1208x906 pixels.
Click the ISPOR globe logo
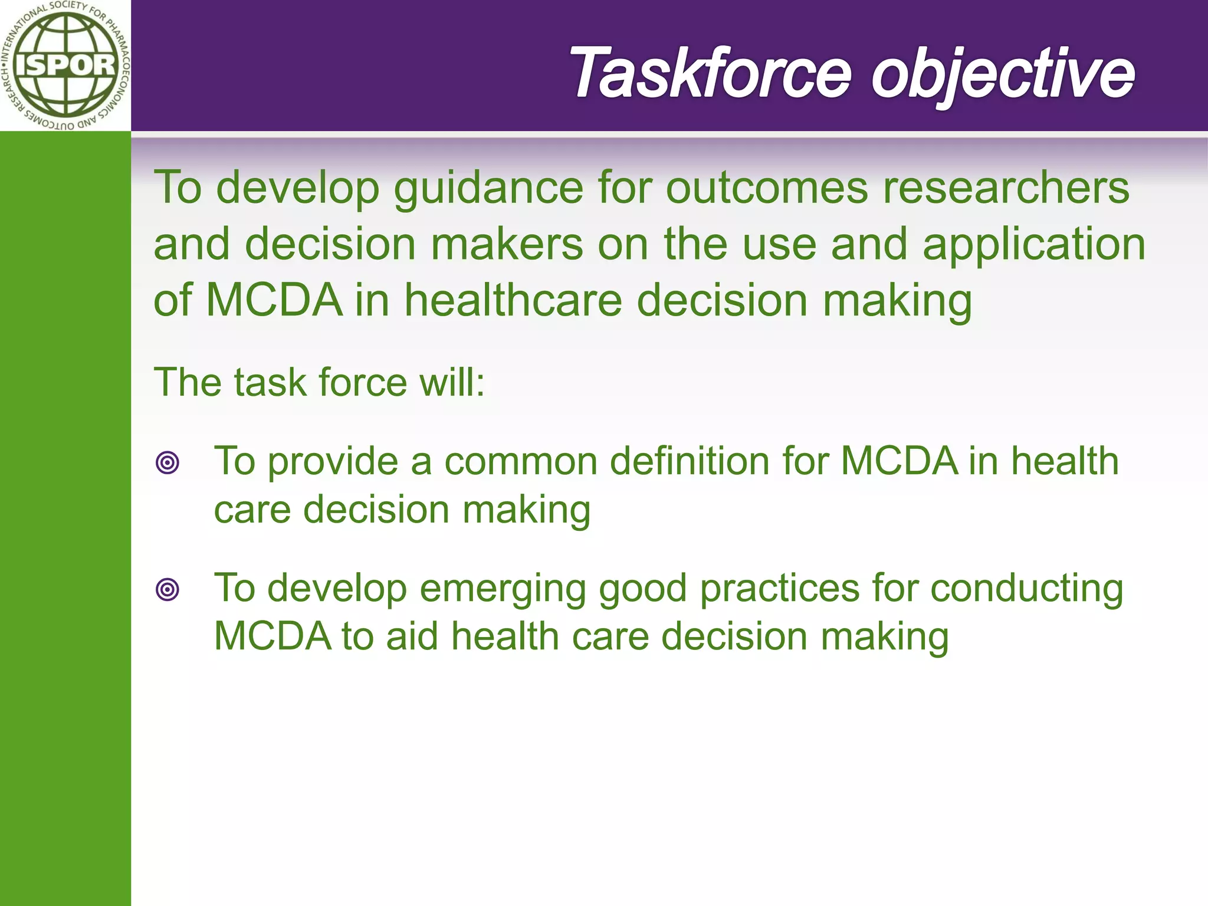click(65, 65)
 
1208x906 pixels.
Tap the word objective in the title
click(1003, 73)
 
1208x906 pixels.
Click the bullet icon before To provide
click(168, 462)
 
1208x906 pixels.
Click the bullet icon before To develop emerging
click(168, 589)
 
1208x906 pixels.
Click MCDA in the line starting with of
click(275, 300)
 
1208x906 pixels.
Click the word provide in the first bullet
click(333, 462)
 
